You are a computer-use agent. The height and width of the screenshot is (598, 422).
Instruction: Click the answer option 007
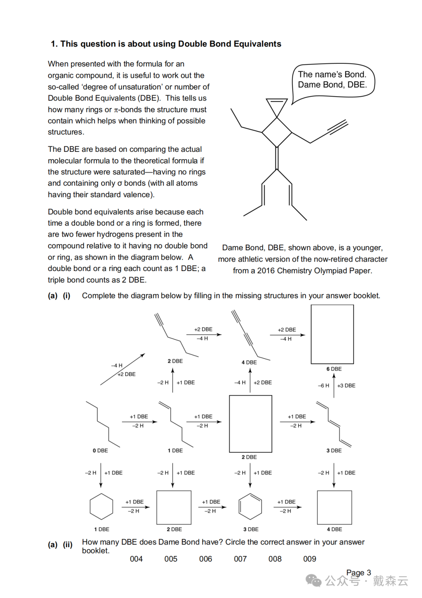[x=240, y=559]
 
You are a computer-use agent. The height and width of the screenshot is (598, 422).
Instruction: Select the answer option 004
[x=136, y=559]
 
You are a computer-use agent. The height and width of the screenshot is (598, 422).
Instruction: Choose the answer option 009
[x=309, y=559]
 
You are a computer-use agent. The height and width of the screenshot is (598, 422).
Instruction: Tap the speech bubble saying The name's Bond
[x=333, y=80]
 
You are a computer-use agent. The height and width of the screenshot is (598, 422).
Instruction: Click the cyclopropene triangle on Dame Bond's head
[x=277, y=106]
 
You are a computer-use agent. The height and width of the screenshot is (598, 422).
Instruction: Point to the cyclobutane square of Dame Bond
[x=277, y=132]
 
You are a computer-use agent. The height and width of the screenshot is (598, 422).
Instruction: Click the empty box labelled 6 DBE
[x=332, y=334]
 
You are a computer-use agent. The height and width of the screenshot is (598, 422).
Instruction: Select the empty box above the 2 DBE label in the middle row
[x=250, y=424]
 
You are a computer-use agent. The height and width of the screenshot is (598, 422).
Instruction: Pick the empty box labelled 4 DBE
[x=334, y=507]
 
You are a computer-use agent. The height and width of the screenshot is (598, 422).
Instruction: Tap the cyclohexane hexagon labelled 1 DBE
[x=101, y=506]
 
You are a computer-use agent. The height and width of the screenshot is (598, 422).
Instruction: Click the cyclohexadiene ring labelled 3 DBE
[x=250, y=506]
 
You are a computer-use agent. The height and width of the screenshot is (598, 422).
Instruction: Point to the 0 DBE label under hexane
[x=100, y=451]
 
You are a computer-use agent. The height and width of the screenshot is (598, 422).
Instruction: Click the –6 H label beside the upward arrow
[x=324, y=386]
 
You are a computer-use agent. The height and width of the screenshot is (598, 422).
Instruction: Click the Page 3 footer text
[x=358, y=573]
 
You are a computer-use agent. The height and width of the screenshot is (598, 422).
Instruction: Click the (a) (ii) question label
[x=60, y=544]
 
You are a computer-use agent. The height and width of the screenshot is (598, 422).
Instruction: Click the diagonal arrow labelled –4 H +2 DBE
[x=123, y=370]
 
